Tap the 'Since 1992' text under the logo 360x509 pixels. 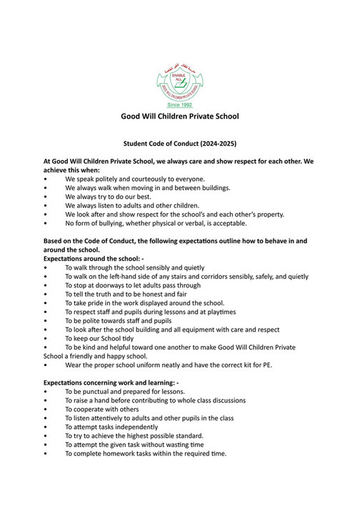point(179,104)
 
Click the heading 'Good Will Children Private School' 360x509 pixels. point(179,116)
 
